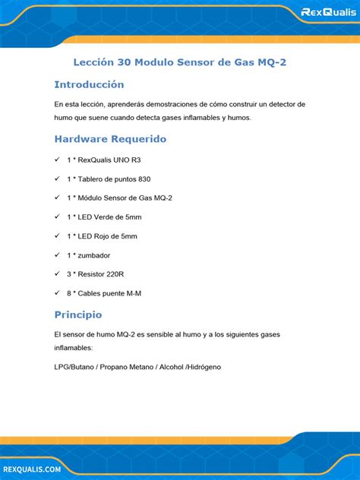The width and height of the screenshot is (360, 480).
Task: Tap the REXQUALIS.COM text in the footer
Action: pyautogui.click(x=31, y=470)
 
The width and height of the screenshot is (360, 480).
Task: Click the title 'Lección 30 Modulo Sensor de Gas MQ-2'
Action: pyautogui.click(x=179, y=62)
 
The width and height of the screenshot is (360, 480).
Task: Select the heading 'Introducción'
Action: pyautogui.click(x=89, y=84)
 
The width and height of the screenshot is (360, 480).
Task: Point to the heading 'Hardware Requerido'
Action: pyautogui.click(x=110, y=139)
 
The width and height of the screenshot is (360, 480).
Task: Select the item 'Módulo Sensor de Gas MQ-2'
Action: pyautogui.click(x=119, y=197)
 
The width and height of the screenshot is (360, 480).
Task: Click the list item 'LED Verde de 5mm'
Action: pyautogui.click(x=104, y=216)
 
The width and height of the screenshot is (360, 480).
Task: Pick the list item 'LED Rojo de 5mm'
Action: pyautogui.click(x=103, y=236)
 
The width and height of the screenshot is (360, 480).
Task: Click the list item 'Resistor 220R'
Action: pyautogui.click(x=95, y=273)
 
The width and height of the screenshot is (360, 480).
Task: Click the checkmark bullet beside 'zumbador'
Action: pyautogui.click(x=58, y=255)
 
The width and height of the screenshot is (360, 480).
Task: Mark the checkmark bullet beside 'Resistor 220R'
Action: pyautogui.click(x=58, y=273)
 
